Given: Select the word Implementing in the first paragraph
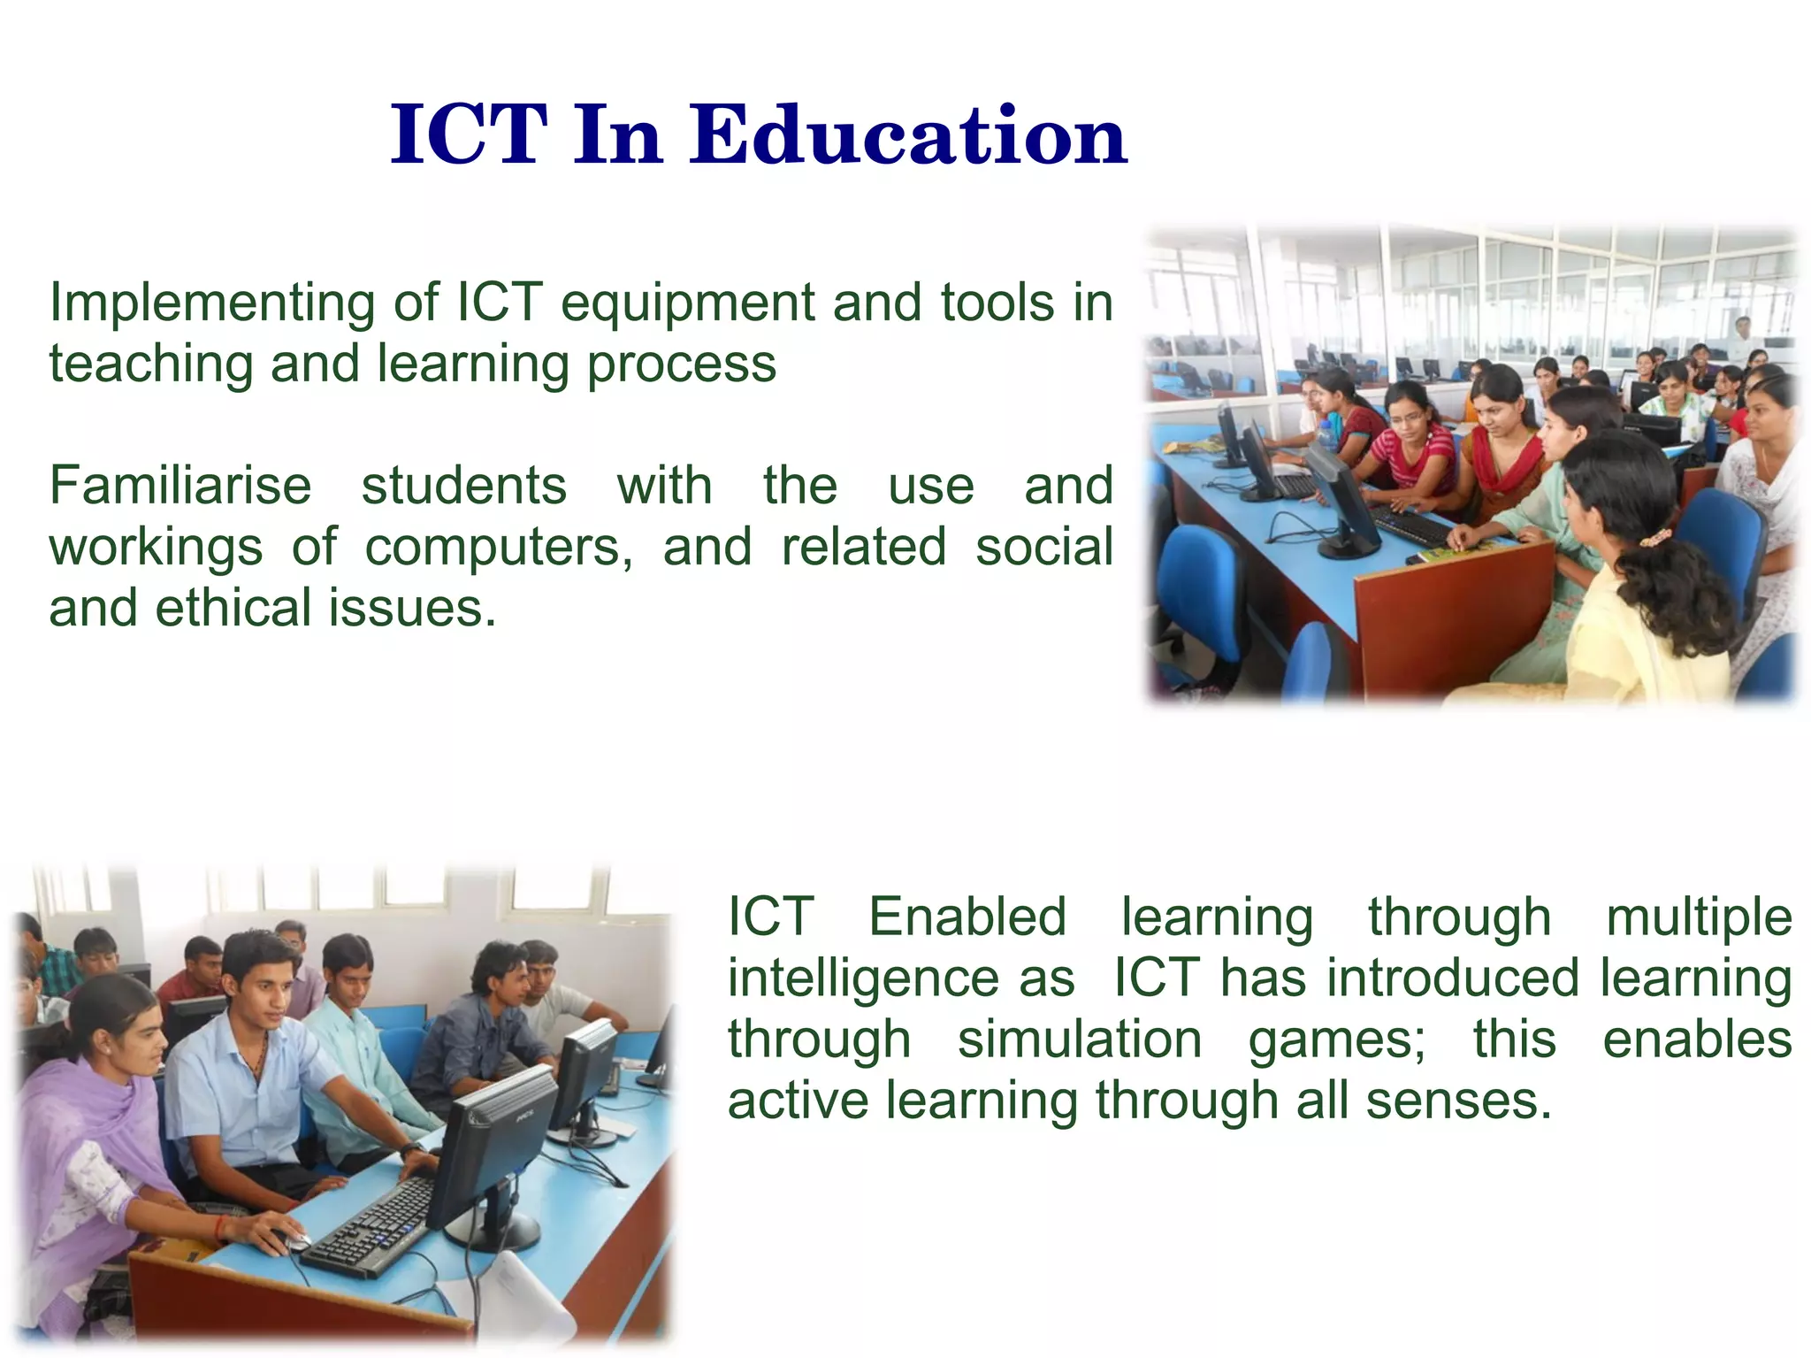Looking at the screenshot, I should [x=213, y=303].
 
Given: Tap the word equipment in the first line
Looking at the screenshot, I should [x=688, y=303].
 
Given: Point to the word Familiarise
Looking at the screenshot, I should [x=180, y=486].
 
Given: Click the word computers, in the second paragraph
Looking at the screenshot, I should [x=500, y=547].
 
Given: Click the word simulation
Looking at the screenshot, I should [x=1080, y=1039].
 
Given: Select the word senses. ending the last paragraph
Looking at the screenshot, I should [x=1458, y=1101].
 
